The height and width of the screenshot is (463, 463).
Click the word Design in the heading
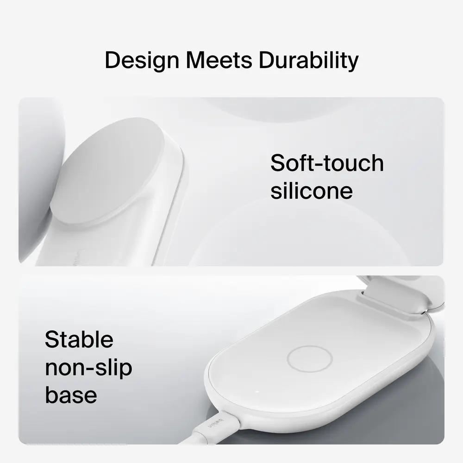(x=142, y=61)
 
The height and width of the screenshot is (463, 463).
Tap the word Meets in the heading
(x=219, y=60)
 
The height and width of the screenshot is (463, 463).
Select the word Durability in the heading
(x=308, y=61)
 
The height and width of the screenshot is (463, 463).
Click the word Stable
(x=79, y=339)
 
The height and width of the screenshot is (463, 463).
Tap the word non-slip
(x=88, y=368)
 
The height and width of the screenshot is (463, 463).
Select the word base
(x=71, y=395)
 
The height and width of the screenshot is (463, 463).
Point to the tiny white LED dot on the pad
(x=257, y=392)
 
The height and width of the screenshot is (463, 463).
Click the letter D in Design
(x=113, y=60)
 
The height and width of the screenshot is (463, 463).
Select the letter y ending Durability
(x=353, y=63)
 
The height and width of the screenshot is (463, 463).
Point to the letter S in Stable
(x=52, y=339)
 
